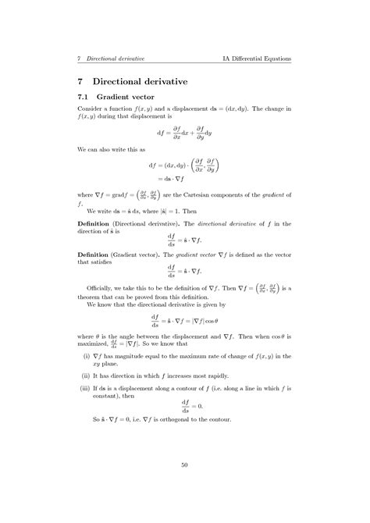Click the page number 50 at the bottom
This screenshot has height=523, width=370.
pyautogui.click(x=184, y=465)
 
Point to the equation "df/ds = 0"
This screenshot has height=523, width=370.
pyautogui.click(x=185, y=406)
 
